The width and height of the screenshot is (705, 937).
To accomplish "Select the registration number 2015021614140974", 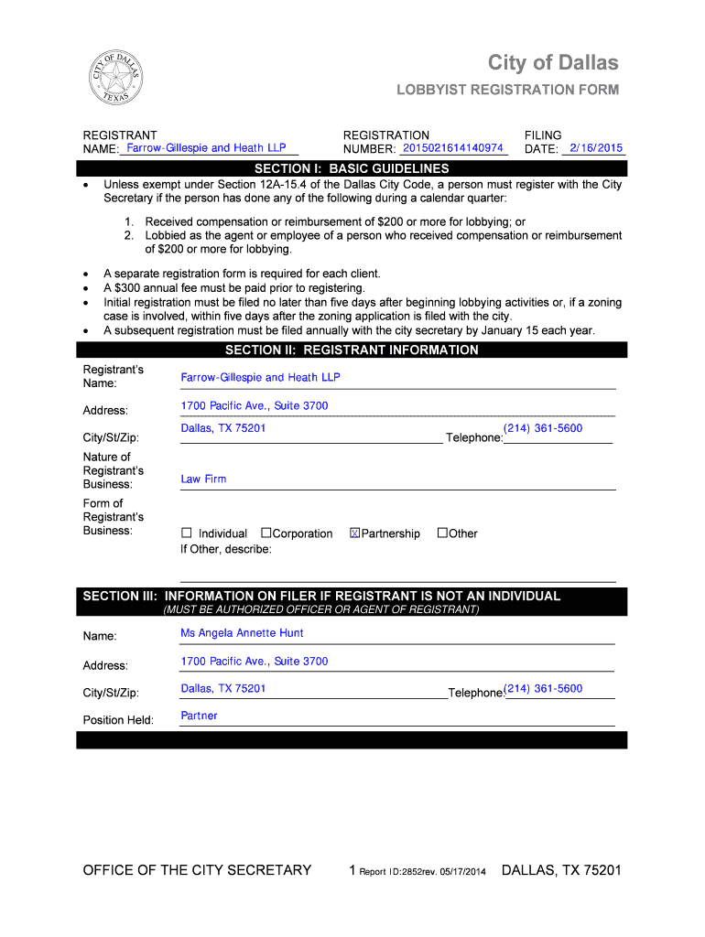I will coord(453,148).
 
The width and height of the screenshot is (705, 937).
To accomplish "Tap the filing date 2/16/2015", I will coord(595,148).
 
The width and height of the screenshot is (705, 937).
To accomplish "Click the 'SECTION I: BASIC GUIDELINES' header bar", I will coord(352,168).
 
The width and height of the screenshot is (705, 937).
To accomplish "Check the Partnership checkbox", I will coord(355,533).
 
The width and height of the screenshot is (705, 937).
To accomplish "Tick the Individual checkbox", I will coord(187,533).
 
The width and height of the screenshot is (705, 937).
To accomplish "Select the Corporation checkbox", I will coord(266,533).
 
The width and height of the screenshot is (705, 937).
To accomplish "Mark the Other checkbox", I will coord(442,533).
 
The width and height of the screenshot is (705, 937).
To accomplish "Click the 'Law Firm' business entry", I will coord(203,479).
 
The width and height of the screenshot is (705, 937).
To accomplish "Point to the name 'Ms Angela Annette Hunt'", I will coord(242,633).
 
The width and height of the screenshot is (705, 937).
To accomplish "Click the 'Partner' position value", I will coord(199,716).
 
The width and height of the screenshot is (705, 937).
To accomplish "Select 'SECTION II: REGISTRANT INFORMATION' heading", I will coord(352,350).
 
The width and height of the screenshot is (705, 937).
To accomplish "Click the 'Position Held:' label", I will coord(118,720).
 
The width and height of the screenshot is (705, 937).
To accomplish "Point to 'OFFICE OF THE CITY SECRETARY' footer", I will coord(197,870).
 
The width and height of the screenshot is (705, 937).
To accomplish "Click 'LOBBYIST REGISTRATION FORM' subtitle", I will coord(507,90).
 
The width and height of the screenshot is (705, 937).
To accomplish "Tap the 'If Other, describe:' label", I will coord(225,549).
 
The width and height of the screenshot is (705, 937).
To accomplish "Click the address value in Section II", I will coord(254,405).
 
